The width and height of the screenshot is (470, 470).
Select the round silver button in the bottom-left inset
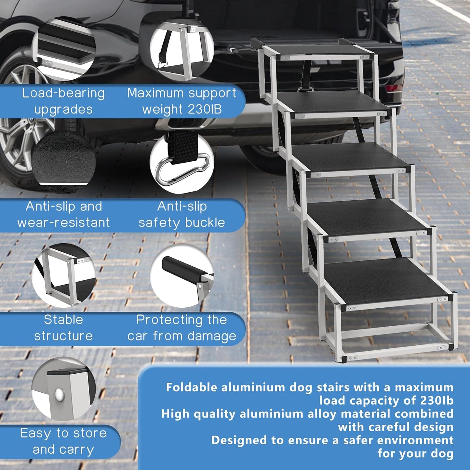[60, 395]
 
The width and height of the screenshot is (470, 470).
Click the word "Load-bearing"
[63, 93]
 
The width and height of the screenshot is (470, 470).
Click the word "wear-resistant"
[63, 223]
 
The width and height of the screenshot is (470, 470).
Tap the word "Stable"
[63, 320]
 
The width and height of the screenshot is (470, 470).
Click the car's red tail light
[394, 88]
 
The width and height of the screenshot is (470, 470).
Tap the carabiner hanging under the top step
[305, 89]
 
